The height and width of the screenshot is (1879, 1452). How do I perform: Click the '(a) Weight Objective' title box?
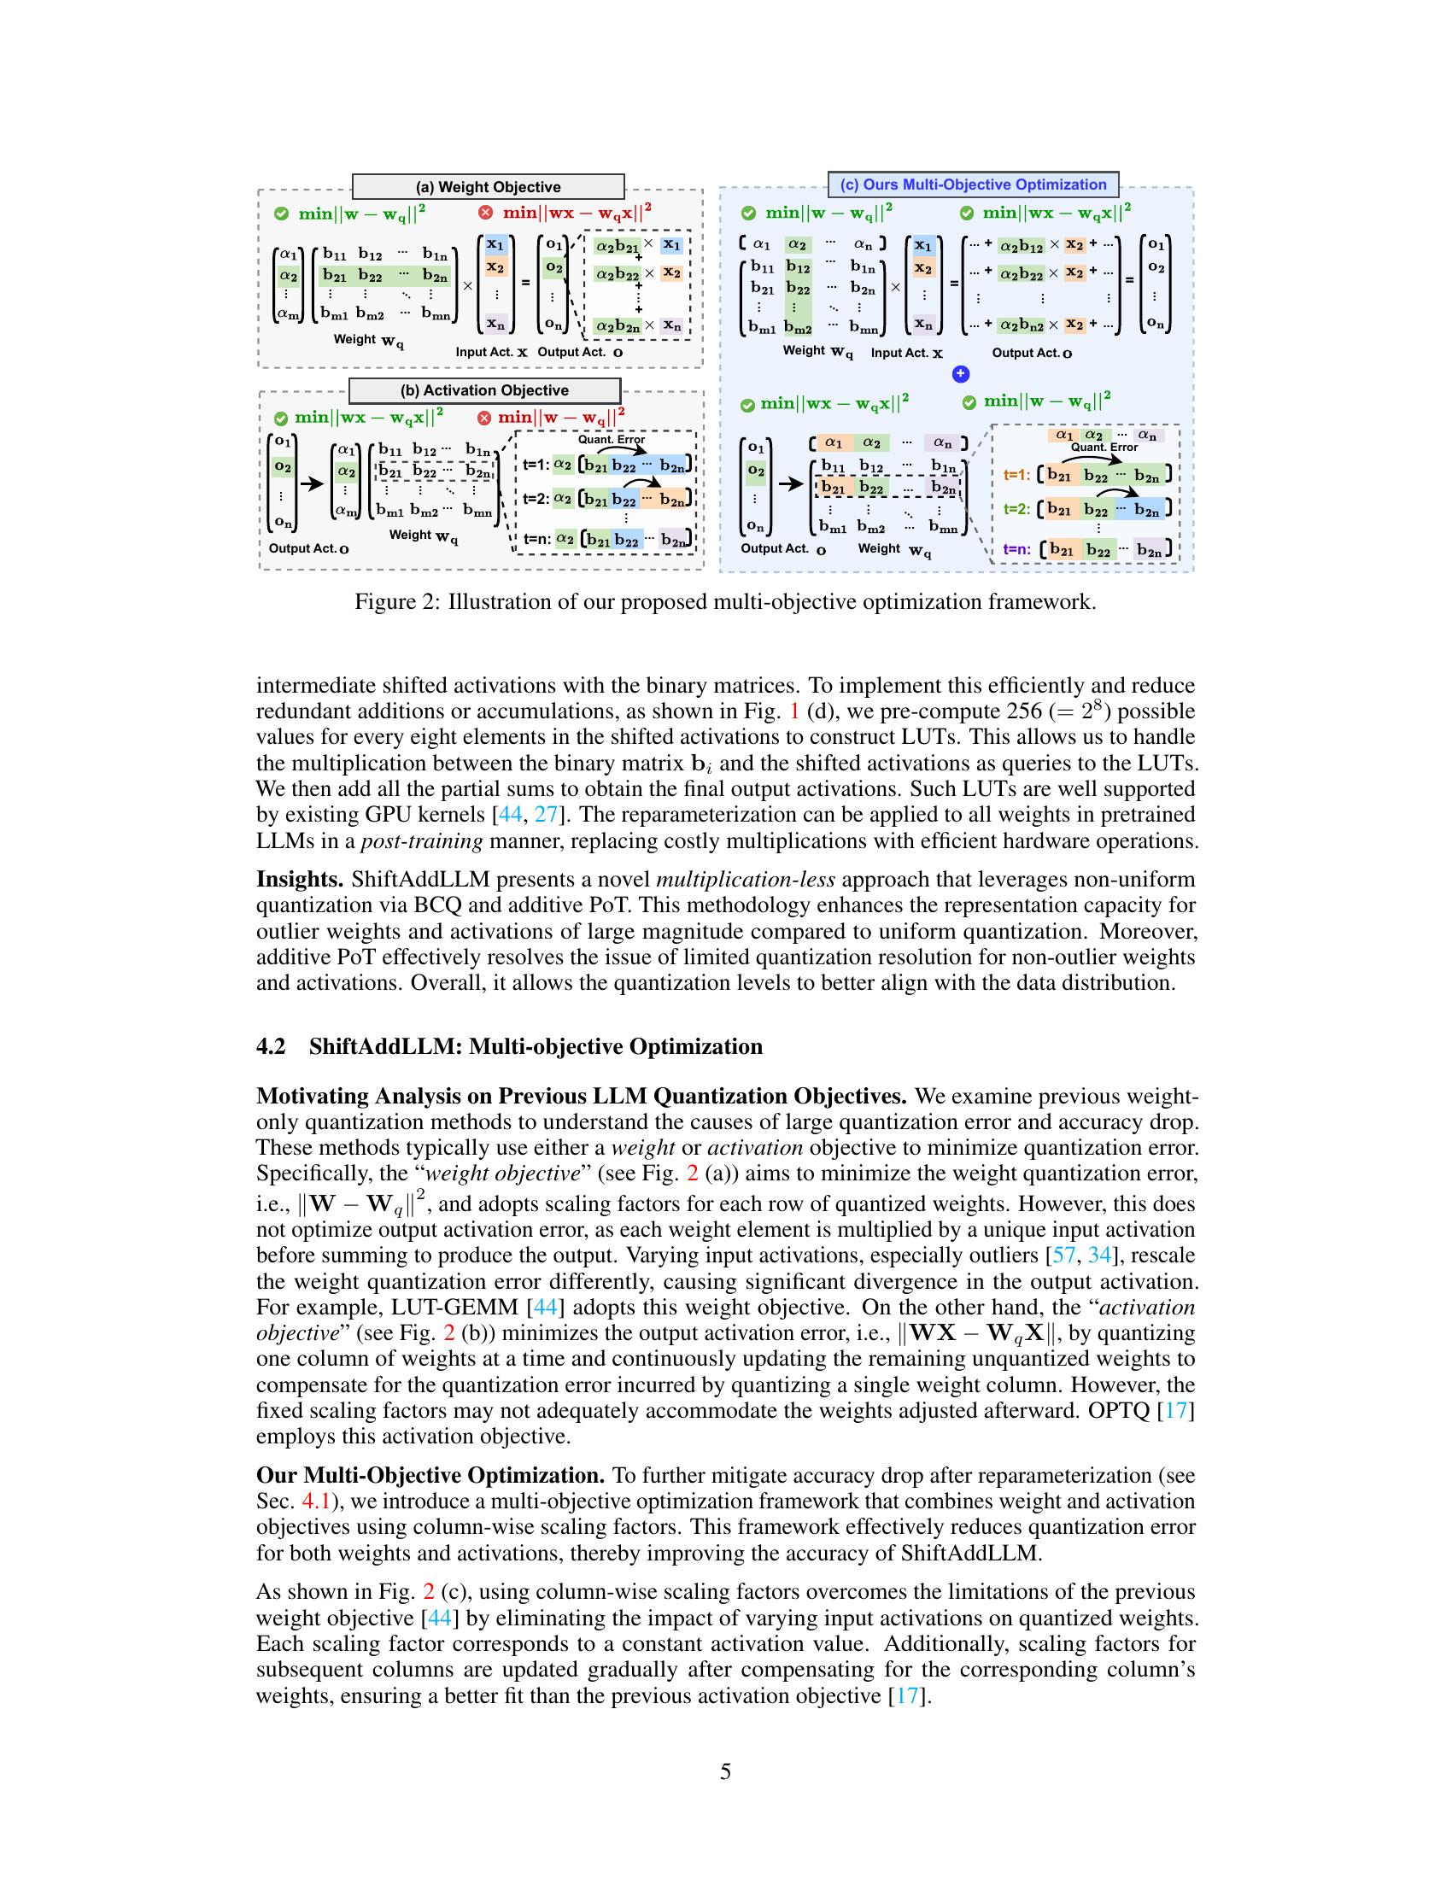pos(488,187)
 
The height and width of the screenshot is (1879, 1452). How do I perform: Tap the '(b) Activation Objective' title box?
pos(484,389)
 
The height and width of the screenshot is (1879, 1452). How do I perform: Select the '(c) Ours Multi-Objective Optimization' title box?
pos(973,184)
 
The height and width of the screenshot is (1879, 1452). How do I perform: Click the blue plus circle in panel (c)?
pos(961,373)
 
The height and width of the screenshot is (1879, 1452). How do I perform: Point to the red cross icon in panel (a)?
pos(485,213)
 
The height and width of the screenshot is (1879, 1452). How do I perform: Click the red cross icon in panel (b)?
pos(483,419)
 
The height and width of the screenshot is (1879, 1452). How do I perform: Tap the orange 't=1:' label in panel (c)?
pos(1016,474)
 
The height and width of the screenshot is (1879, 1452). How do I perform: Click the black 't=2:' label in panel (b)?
pos(536,498)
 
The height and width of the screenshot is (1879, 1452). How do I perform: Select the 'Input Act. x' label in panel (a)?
pos(491,352)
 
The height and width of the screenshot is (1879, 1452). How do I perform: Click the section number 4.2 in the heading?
pos(272,1046)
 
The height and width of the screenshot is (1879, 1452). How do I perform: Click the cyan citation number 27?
pos(547,815)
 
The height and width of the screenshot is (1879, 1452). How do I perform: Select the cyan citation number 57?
pos(1063,1256)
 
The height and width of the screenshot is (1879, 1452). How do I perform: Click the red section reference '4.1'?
pos(316,1501)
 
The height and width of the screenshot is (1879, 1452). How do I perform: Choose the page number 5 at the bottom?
pos(725,1771)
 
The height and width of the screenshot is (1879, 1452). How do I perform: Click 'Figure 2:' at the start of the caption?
pos(396,601)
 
